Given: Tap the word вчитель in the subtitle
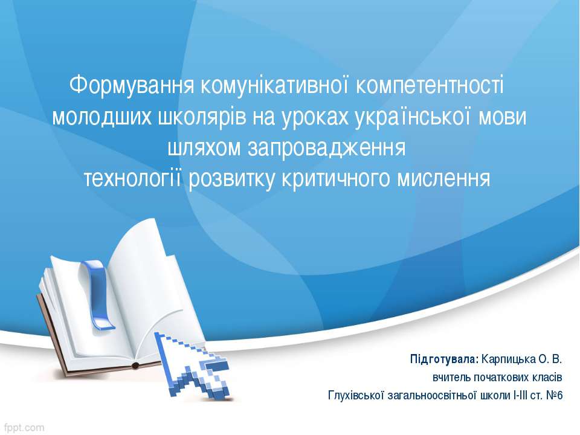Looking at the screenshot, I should (x=448, y=378).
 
